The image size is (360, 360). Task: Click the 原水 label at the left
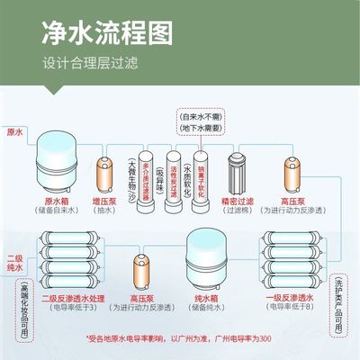tap(15, 132)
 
